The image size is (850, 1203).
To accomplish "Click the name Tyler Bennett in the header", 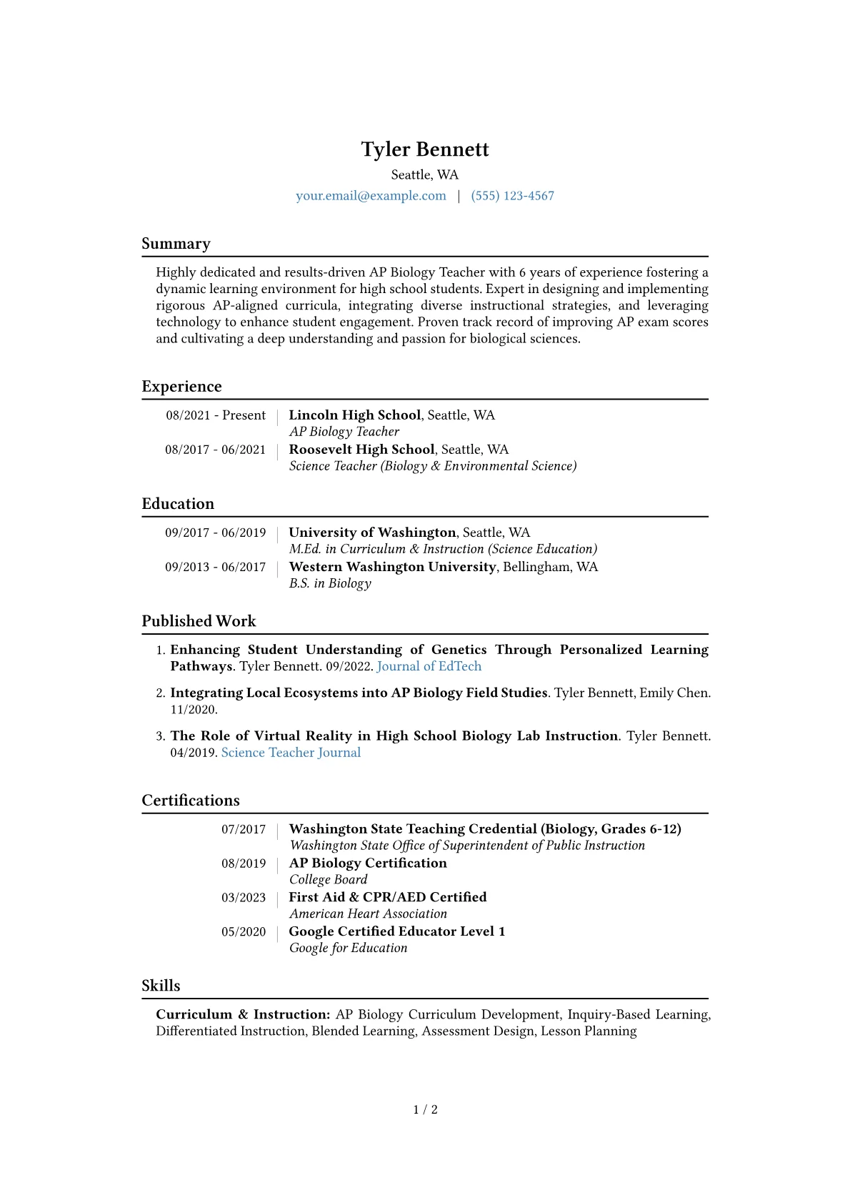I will coord(425,149).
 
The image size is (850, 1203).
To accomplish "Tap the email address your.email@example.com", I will coord(371,196).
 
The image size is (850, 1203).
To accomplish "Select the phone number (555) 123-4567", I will coord(512,196).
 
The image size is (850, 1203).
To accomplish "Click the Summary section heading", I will coord(176,244).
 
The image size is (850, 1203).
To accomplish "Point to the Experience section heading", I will coord(181,387).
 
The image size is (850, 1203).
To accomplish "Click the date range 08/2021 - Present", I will coord(216,415).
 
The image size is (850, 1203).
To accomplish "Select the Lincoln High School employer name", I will coord(354,415).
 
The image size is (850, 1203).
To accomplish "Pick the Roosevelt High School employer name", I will coord(361,450).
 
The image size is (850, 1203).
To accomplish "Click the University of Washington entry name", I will coord(372,533).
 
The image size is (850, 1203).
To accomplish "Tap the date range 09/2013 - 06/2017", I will coord(215,567).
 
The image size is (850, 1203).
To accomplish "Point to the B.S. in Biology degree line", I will coord(330,583).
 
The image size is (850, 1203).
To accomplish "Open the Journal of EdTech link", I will coord(429,666).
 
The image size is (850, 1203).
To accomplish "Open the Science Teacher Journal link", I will coord(291,753).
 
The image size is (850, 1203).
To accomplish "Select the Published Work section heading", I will coord(199,621).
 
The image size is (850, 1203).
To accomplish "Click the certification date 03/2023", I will coord(243,898).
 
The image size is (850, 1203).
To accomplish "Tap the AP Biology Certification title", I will coord(368,863).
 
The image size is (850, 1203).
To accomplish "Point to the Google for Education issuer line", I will coord(348,948).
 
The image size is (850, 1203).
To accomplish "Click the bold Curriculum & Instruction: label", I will coord(243,1015).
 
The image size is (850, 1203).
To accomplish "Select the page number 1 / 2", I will coord(425,1109).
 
